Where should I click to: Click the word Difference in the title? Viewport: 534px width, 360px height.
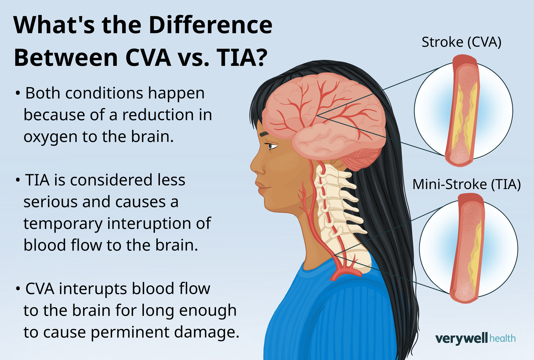[x=210, y=25]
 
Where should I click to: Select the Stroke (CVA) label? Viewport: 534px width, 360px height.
[x=461, y=42]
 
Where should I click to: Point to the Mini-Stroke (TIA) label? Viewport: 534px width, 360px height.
[x=466, y=184]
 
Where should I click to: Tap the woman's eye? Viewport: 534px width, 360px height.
[x=271, y=145]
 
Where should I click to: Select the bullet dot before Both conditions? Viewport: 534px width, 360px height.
[x=18, y=94]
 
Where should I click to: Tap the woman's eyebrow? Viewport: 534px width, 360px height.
[x=264, y=134]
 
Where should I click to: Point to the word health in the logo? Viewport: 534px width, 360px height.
[x=503, y=338]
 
